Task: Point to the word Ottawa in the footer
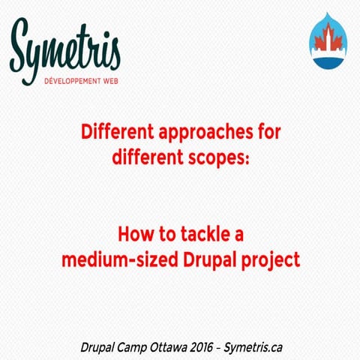click(x=181, y=346)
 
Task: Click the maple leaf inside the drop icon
click(x=328, y=37)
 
